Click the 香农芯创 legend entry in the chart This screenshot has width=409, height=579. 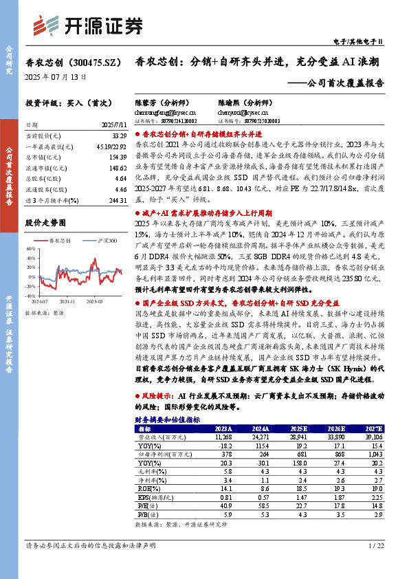coord(63,241)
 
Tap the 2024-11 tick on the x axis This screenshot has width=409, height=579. coord(71,301)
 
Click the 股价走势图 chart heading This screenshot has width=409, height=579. coord(45,223)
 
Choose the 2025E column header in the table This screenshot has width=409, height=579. coord(299,428)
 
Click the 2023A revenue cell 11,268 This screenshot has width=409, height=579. coord(224,437)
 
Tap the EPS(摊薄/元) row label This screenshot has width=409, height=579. coord(156,496)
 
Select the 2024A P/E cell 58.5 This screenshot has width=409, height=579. coord(262,505)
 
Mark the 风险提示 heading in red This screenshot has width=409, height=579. coord(155,397)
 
